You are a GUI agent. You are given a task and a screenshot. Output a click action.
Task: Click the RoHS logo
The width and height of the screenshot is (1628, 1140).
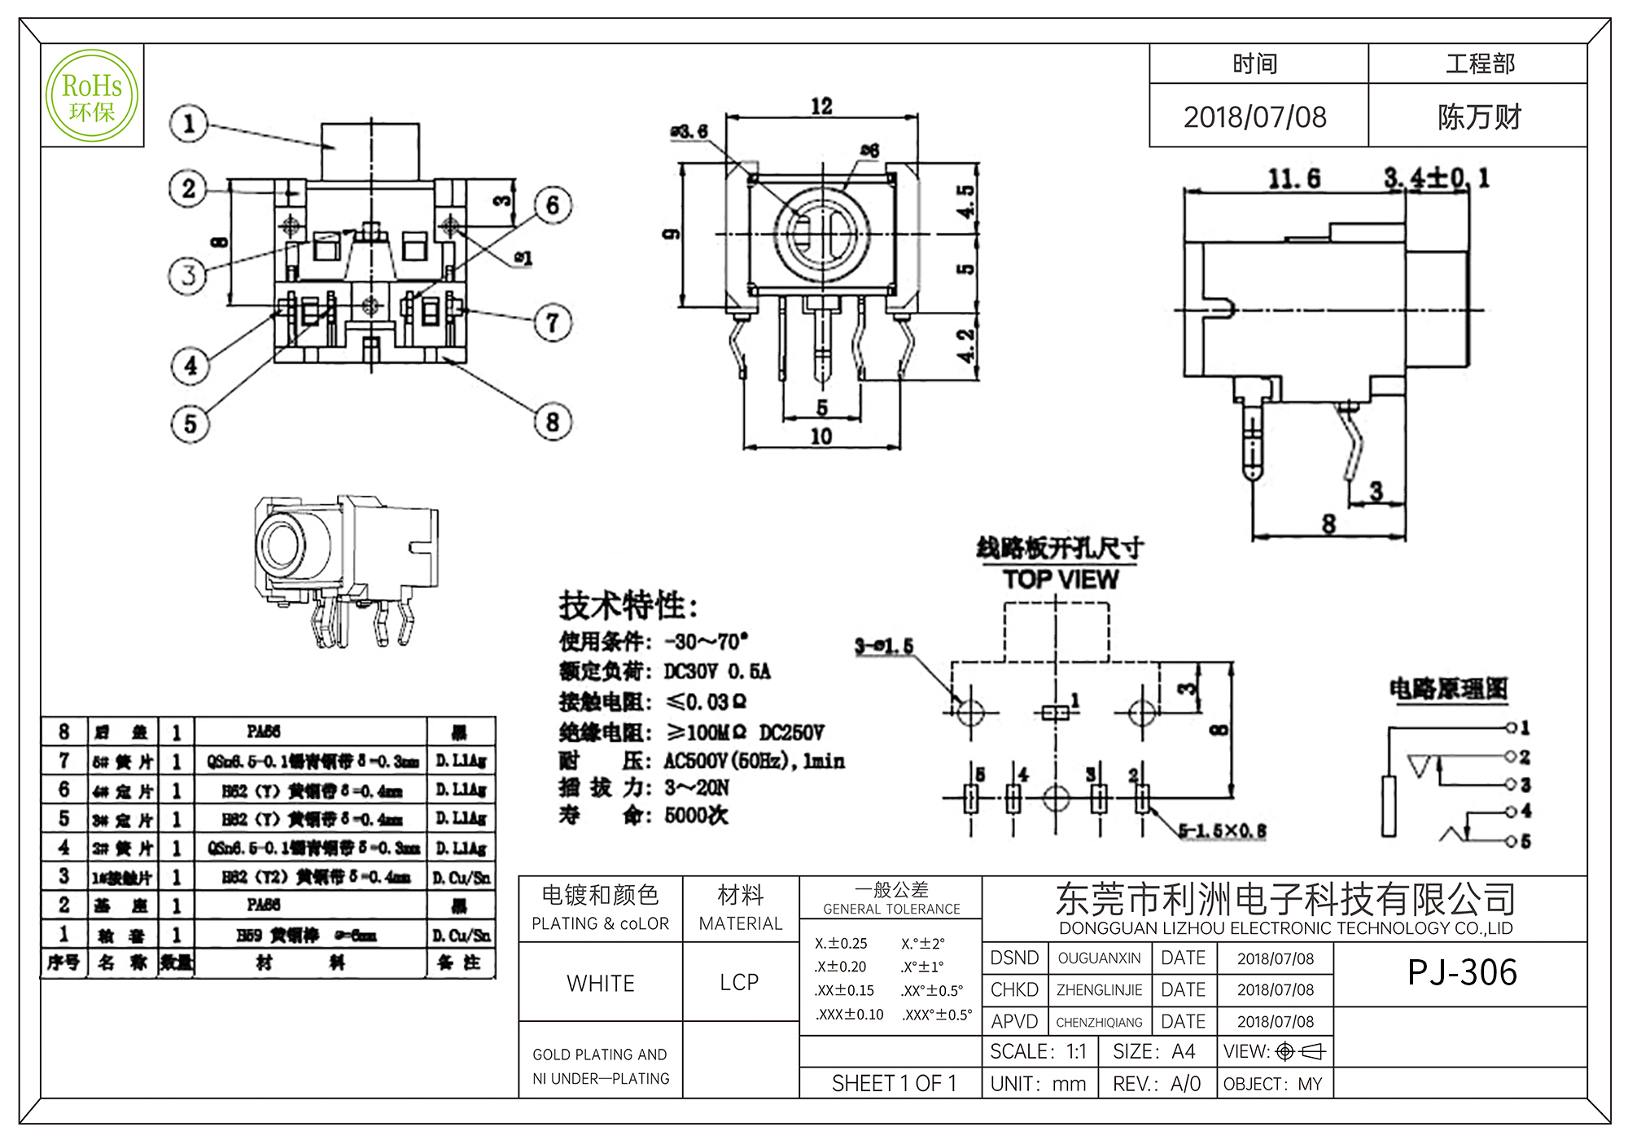92,96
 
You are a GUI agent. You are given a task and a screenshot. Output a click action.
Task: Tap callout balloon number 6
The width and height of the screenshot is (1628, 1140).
553,205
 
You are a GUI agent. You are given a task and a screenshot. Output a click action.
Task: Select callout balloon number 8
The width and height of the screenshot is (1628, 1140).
553,422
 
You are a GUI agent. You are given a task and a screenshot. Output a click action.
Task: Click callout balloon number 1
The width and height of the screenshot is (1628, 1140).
189,124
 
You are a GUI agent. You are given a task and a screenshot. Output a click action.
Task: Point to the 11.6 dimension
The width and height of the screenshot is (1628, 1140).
1294,178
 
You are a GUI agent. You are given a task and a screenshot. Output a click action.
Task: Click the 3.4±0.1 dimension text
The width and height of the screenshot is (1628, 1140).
1437,178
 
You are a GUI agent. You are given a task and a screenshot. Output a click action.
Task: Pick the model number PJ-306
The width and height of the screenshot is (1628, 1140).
1462,972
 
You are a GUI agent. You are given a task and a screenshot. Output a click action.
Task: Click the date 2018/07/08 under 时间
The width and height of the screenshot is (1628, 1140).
1255,117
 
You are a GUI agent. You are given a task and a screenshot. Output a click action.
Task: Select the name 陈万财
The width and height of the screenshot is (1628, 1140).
1479,117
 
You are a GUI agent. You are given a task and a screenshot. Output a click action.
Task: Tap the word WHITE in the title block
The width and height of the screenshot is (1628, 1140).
601,984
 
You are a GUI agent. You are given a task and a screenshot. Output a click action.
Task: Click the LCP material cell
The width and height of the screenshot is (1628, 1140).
739,983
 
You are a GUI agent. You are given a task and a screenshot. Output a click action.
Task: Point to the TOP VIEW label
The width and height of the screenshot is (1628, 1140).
1061,580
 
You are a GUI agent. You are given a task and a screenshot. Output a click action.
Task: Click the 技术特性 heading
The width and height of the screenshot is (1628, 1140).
628,606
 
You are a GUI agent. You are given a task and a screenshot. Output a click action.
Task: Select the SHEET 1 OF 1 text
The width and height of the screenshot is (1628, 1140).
894,1084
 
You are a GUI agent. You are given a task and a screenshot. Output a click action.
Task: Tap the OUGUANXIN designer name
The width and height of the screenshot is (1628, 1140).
1099,958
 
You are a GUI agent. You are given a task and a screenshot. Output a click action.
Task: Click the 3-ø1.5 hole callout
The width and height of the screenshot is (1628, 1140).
884,647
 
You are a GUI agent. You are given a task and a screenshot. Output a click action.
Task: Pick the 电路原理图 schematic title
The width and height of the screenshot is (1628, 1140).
1448,689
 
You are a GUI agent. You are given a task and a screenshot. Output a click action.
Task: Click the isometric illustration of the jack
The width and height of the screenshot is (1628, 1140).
346,568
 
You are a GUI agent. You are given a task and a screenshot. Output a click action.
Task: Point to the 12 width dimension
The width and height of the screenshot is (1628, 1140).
821,107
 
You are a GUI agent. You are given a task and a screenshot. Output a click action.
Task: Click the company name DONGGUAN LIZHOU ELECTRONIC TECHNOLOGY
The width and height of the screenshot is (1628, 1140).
1285,928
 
